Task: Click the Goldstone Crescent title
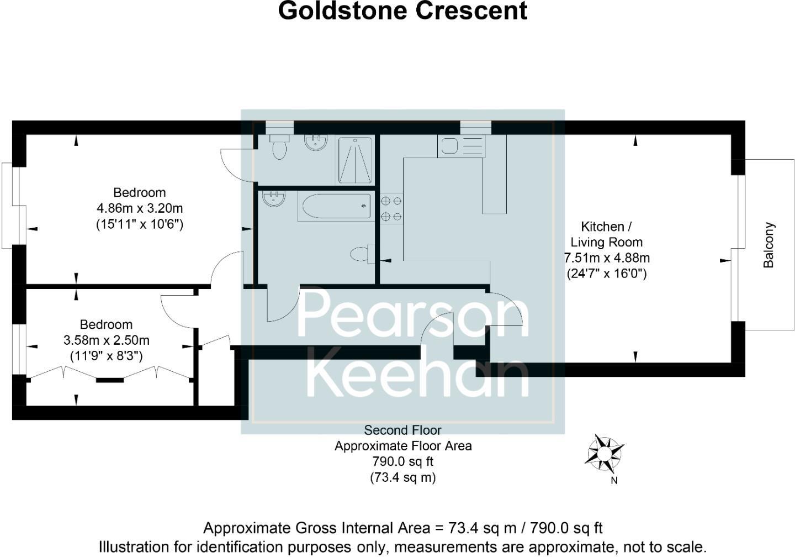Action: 402,11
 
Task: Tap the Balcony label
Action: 769,245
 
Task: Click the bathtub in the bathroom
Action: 335,207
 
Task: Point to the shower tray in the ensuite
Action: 354,160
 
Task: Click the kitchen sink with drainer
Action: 461,146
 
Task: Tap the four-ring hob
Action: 391,208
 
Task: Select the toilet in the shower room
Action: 280,146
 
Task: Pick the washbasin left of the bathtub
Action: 274,198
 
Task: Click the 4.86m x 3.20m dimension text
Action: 140,208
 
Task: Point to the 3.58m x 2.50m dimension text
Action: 107,340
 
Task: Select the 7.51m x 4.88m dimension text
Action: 607,258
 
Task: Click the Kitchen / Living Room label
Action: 606,234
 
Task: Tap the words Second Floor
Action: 402,430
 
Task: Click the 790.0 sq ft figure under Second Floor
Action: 402,461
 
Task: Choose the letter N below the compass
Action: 614,480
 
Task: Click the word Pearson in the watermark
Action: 413,314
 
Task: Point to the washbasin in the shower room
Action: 316,143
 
